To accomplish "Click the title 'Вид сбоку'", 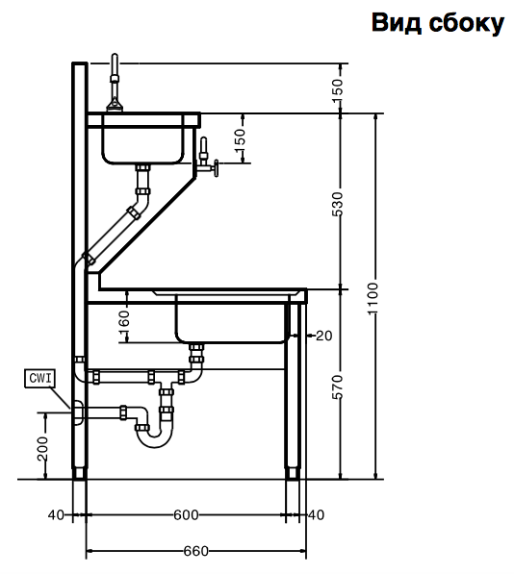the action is point(438,23).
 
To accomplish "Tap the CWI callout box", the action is point(39,378).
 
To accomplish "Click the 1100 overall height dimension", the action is point(373,298).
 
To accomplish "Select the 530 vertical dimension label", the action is point(338,204).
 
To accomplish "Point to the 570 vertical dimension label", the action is point(338,387).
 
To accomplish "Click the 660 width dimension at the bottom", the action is point(196,551).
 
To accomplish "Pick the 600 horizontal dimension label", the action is point(186,515).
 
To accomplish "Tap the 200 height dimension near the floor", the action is point(42,448).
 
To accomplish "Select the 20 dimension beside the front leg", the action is point(323,336).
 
